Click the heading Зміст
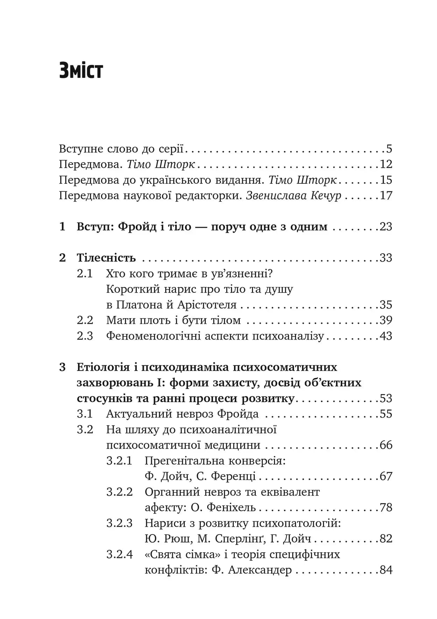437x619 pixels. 81,70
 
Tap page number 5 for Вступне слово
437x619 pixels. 389,149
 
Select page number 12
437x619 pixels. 386,164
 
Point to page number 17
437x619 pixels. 386,195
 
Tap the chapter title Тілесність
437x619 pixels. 106,258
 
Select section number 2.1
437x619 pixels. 85,274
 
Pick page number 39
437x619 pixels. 386,320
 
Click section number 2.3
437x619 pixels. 85,336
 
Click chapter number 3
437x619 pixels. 62,367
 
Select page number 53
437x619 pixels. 386,399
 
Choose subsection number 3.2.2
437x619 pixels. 120,492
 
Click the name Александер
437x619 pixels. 260,570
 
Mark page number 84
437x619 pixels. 386,570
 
